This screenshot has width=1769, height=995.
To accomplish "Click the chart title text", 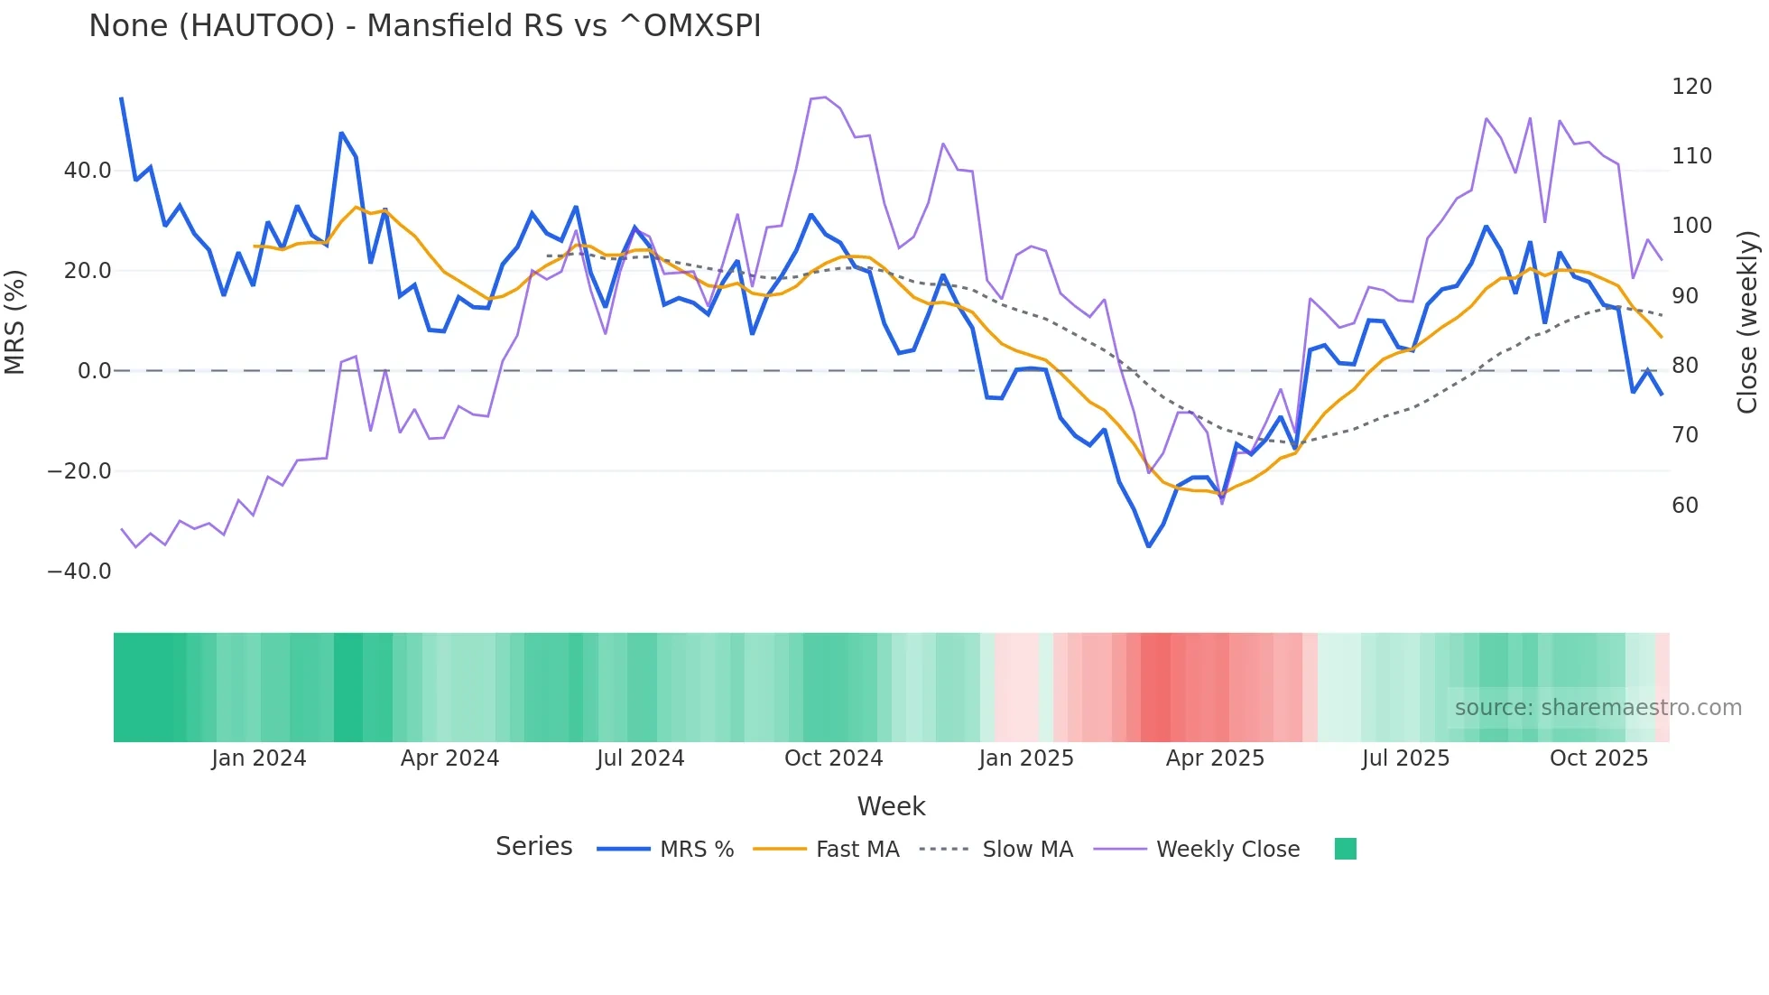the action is pyautogui.click(x=424, y=26).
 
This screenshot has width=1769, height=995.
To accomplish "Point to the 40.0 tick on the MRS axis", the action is pyautogui.click(x=88, y=171).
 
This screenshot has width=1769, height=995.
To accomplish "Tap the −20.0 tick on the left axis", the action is pyautogui.click(x=79, y=471).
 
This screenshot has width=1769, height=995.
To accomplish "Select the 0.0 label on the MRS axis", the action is pyautogui.click(x=94, y=371).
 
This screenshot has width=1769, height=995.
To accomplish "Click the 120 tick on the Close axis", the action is pyautogui.click(x=1691, y=87).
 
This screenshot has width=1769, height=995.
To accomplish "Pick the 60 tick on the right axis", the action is pyautogui.click(x=1685, y=506).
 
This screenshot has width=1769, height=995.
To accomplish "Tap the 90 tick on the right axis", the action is pyautogui.click(x=1685, y=296).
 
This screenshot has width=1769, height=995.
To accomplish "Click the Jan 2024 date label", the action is pyautogui.click(x=259, y=758).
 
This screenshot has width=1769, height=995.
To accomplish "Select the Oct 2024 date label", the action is pyautogui.click(x=833, y=758).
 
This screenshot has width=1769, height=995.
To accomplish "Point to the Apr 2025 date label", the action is pyautogui.click(x=1215, y=758).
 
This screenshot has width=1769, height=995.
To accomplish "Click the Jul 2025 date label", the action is pyautogui.click(x=1405, y=758).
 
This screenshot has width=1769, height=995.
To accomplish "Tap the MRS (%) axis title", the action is pyautogui.click(x=15, y=321).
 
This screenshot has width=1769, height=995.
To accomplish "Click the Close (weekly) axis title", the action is pyautogui.click(x=1748, y=322).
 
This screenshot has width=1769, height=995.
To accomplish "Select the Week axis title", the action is pyautogui.click(x=891, y=806).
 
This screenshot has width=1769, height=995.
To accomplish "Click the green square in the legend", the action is pyautogui.click(x=1345, y=849).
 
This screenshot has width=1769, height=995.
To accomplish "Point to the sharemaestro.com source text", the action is pyautogui.click(x=1598, y=708).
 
